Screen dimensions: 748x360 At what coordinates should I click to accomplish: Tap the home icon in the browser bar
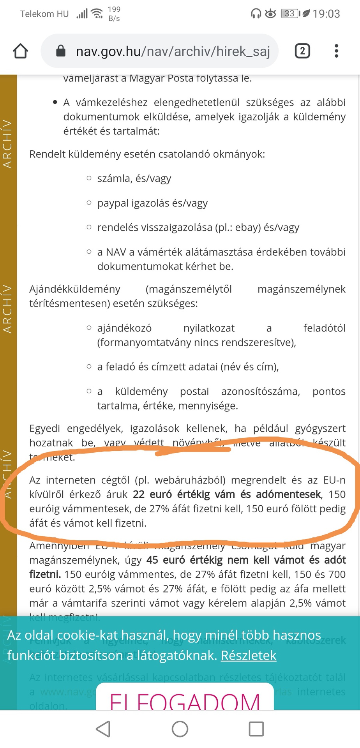point(20,51)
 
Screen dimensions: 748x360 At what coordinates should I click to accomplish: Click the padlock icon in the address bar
point(61,51)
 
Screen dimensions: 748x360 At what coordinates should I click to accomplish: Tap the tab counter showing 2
point(302,51)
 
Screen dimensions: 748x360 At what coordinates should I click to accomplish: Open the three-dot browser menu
point(336,51)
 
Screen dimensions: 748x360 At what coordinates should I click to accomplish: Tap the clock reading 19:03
point(326,14)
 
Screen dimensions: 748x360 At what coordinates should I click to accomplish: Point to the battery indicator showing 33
point(289,14)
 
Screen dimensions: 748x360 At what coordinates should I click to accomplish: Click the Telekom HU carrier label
point(44,14)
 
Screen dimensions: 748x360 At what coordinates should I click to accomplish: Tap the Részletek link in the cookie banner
point(249,656)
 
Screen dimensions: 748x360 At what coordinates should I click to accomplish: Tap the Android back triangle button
point(103,729)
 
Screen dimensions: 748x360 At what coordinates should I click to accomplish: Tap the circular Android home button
point(180,729)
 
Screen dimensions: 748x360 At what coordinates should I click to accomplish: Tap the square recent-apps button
point(256,729)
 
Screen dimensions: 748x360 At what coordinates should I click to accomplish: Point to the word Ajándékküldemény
point(75,289)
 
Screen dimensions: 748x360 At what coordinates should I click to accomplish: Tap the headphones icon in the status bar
point(256,14)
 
